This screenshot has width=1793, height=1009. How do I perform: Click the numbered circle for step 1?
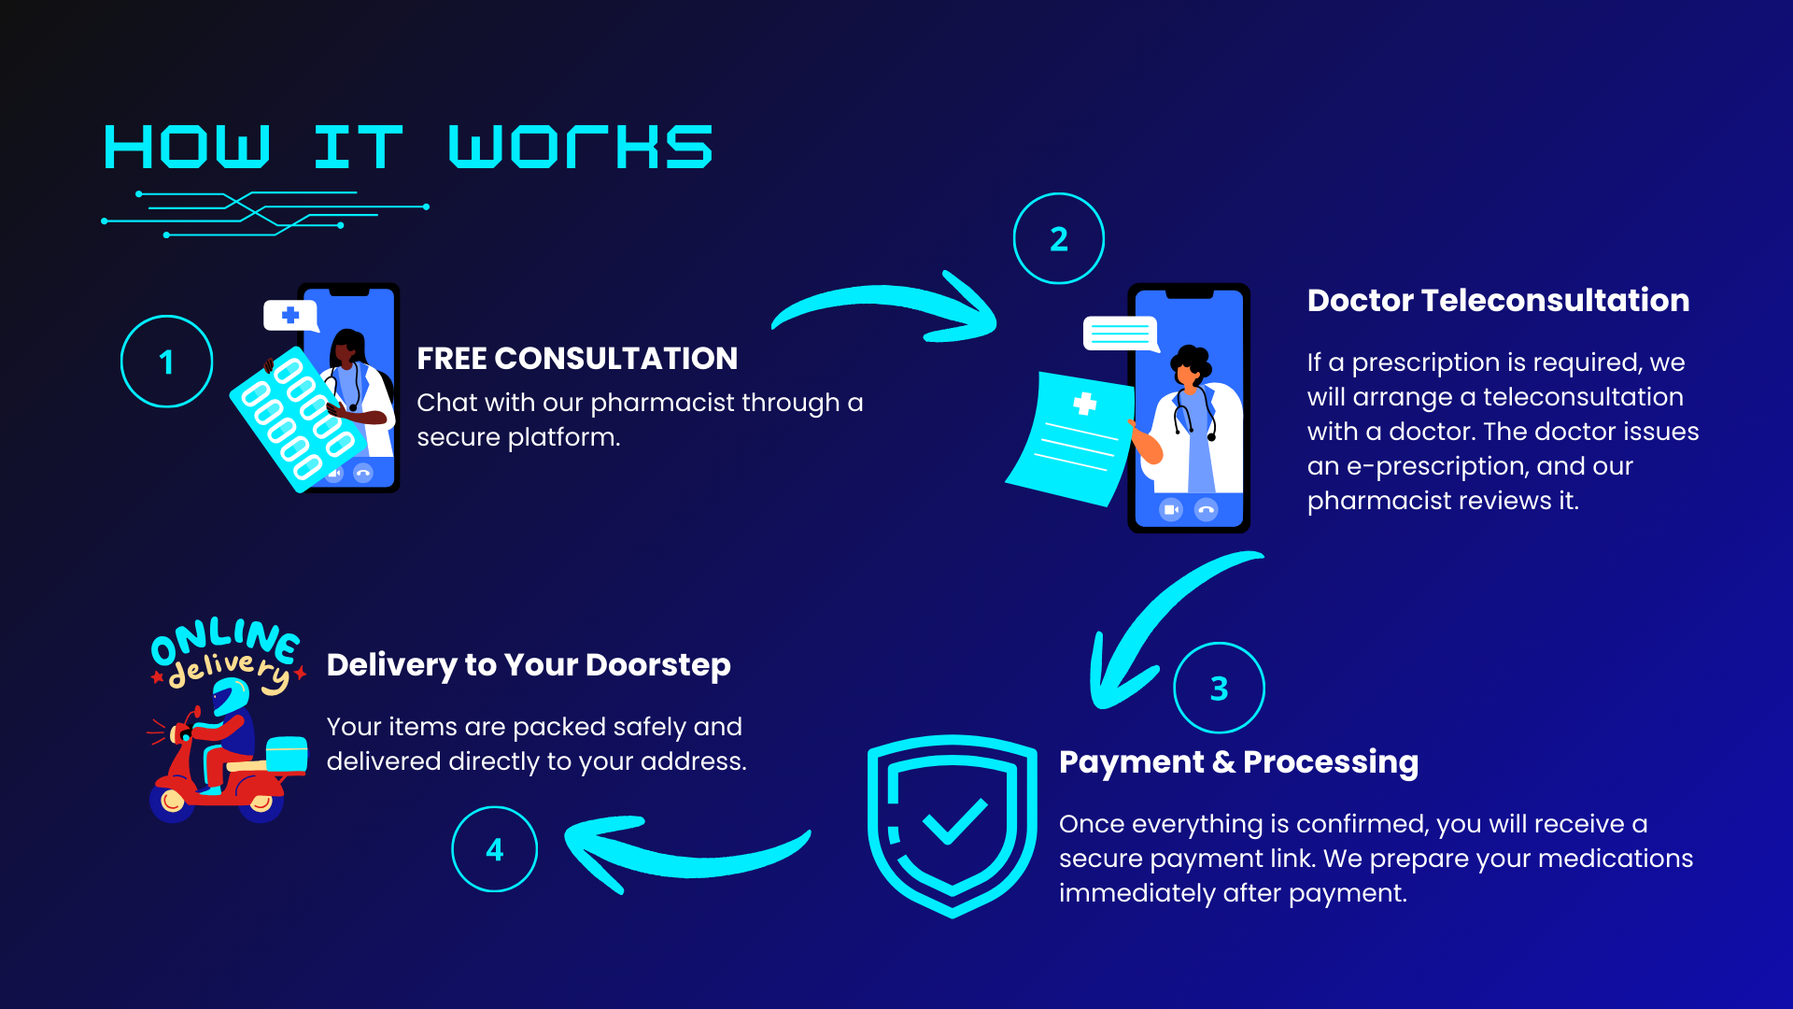[x=166, y=362]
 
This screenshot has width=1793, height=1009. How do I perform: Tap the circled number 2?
[x=1058, y=239]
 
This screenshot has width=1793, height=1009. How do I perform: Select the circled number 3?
[x=1219, y=689]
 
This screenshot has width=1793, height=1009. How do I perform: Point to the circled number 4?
[x=494, y=849]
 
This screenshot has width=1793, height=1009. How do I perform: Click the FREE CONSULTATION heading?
[x=576, y=359]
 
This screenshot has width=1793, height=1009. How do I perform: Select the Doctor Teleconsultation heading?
[x=1498, y=301]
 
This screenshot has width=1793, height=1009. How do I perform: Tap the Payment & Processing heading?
[x=1238, y=762]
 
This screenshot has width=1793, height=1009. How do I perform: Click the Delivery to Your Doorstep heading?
[x=529, y=665]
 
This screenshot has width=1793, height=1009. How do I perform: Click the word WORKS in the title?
[x=580, y=148]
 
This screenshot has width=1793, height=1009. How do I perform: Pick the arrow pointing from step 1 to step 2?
[x=887, y=308]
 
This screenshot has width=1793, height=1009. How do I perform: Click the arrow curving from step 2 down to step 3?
[x=1158, y=626]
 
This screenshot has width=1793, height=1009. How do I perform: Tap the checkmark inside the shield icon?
[x=954, y=821]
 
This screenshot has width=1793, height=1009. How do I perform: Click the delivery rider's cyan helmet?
[x=231, y=696]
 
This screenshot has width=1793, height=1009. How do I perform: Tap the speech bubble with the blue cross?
[x=290, y=316]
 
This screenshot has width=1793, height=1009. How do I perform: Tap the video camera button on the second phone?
[x=1170, y=509]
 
